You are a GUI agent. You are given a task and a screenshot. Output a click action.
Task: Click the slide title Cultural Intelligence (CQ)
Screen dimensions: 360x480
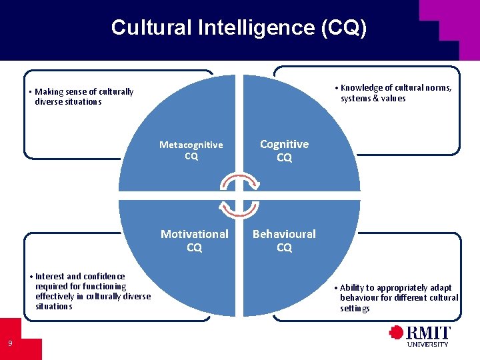(239, 27)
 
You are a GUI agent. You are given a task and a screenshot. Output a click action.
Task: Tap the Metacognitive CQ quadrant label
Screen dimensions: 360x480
(191, 151)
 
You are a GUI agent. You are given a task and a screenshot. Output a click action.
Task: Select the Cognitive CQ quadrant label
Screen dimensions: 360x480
(284, 151)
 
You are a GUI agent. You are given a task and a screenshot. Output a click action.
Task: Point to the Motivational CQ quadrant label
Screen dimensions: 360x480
(194, 241)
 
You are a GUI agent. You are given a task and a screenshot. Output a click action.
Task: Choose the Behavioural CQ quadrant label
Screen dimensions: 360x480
(284, 241)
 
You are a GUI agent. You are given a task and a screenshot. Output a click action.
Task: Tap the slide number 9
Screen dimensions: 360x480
(10, 343)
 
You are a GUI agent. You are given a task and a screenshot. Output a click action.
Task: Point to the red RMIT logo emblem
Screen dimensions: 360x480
(397, 333)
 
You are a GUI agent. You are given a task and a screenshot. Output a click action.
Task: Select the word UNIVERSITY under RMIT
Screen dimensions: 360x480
(428, 344)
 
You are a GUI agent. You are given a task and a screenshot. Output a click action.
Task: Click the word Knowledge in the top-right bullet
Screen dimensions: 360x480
(361, 88)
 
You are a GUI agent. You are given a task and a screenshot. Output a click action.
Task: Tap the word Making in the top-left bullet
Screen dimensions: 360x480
(47, 92)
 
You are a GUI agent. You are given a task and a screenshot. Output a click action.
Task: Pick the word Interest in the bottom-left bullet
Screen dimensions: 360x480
(49, 276)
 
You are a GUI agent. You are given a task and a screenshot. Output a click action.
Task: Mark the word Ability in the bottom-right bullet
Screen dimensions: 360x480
(354, 288)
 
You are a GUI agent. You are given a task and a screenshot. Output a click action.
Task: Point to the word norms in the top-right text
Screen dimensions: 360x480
(439, 88)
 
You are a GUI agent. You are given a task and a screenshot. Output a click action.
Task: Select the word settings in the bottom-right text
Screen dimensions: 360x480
(355, 309)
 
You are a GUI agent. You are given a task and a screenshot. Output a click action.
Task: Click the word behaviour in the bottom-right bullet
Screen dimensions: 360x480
(361, 298)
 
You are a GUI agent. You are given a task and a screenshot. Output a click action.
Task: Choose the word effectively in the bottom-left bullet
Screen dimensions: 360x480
(57, 296)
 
